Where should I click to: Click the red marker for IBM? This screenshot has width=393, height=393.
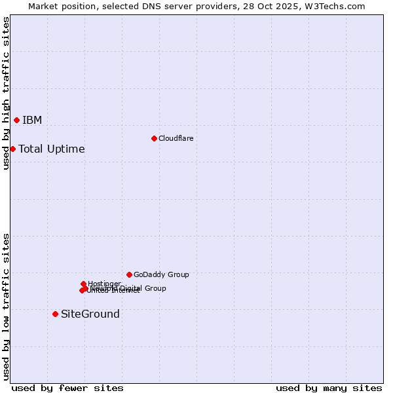point(16,120)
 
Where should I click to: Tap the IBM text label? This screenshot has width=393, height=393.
point(32,120)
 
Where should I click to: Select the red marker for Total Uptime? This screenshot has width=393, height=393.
point(12,149)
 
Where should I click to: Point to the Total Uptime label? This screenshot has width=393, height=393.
point(52,149)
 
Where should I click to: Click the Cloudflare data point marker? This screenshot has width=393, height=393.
point(154,138)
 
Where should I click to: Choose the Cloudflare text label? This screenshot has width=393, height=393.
point(176,138)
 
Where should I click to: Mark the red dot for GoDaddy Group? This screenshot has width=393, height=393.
point(129,274)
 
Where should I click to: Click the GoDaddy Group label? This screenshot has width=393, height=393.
point(161,274)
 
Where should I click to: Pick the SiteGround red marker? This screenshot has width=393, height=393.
point(55,314)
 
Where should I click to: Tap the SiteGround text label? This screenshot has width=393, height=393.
point(90,314)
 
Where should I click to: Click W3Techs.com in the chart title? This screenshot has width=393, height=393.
point(334,6)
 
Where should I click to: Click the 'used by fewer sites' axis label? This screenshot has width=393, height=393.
point(67,388)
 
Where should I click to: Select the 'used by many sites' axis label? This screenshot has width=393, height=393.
point(329,388)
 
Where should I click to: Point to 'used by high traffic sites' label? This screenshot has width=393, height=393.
point(6,93)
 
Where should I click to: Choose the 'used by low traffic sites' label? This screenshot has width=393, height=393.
point(6,307)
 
